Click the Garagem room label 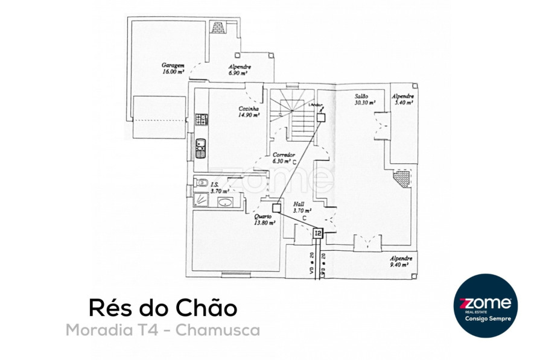(x=172, y=65)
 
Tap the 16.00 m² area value (x=173, y=72)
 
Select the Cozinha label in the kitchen (x=248, y=109)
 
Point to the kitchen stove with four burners (x=202, y=119)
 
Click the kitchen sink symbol (x=201, y=145)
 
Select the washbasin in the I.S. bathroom (x=224, y=202)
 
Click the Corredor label (x=282, y=155)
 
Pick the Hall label (x=298, y=204)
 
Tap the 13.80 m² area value (x=265, y=223)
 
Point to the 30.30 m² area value (x=364, y=102)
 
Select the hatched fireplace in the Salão (x=401, y=177)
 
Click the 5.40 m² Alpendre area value (x=402, y=103)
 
